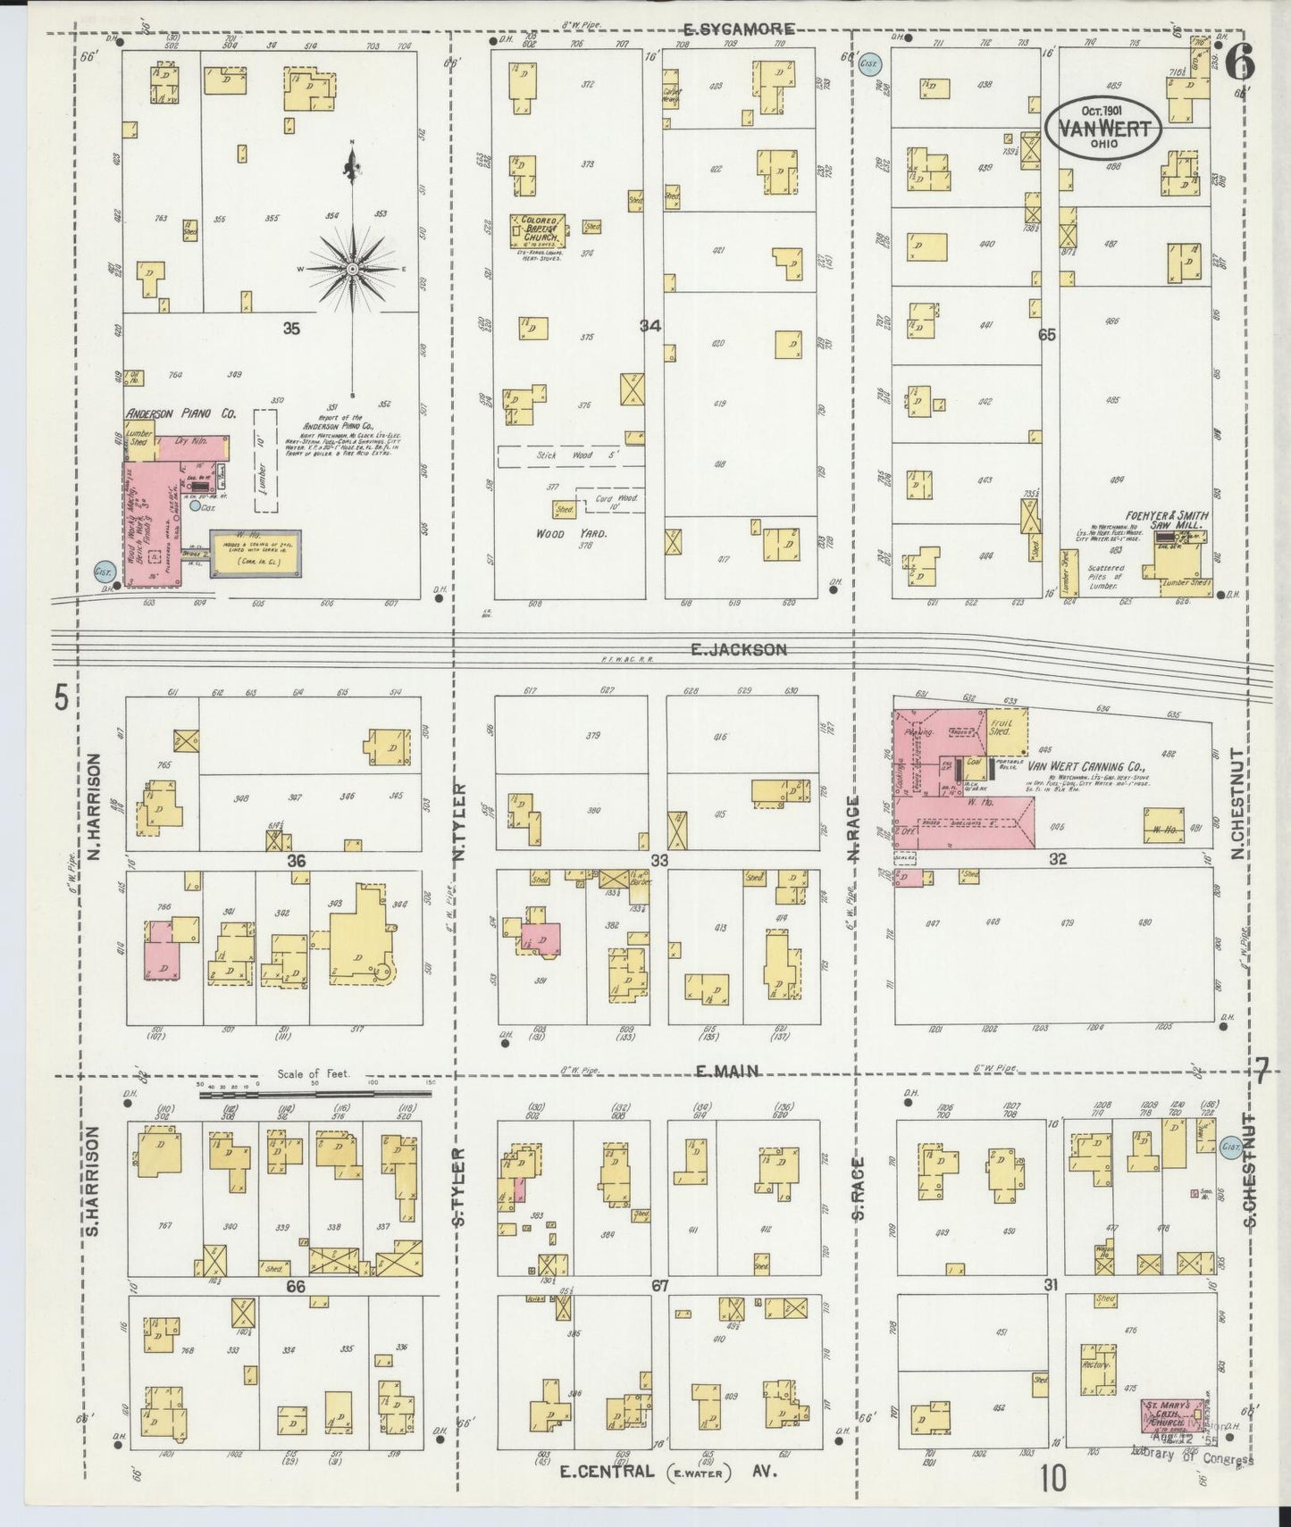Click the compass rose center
tap(352, 268)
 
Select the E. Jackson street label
tap(738, 650)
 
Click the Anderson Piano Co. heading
tap(180, 413)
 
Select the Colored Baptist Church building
tap(536, 230)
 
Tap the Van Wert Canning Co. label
tap(1086, 767)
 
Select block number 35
tap(291, 329)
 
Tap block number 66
tap(295, 1287)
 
